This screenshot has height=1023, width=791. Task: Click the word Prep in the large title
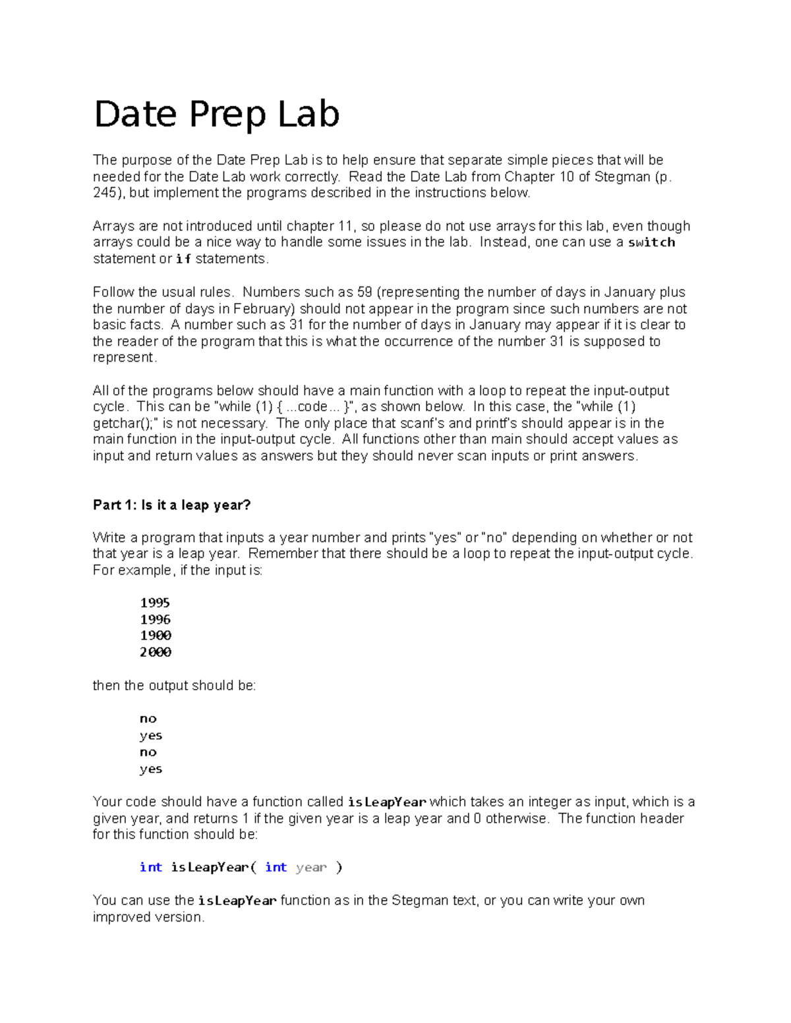click(x=227, y=115)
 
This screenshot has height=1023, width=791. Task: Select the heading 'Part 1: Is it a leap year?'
click(x=172, y=505)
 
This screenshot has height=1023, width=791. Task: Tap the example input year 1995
click(x=155, y=603)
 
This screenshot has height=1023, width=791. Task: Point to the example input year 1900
click(x=156, y=636)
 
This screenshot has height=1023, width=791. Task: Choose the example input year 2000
click(x=156, y=652)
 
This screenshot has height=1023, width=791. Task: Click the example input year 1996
click(x=155, y=619)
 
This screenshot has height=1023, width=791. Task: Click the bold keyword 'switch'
click(x=651, y=242)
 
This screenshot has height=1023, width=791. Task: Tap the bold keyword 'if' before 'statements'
click(x=183, y=259)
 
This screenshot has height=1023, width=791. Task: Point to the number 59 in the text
click(x=365, y=292)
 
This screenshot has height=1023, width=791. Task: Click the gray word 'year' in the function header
click(x=311, y=868)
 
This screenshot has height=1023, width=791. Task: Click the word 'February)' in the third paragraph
click(x=264, y=309)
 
